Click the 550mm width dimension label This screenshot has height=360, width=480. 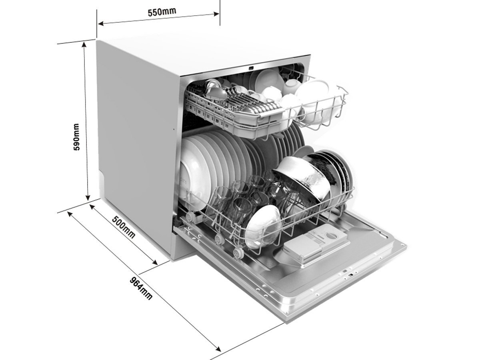pyautogui.click(x=162, y=12)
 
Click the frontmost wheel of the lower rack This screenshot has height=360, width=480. pyautogui.click(x=238, y=252)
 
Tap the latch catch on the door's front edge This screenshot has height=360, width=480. pyautogui.click(x=349, y=276)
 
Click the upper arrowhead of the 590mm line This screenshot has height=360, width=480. pyautogui.click(x=84, y=44)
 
